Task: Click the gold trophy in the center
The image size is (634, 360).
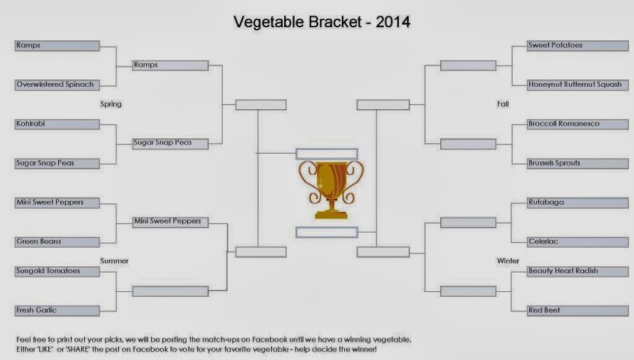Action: click(x=331, y=190)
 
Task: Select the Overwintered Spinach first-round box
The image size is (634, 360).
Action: click(x=57, y=85)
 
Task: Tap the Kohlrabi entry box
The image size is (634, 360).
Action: click(x=57, y=124)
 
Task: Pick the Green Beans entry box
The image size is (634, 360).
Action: click(x=57, y=242)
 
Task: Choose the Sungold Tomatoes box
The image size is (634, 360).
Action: click(x=57, y=271)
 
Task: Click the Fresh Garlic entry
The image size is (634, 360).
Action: click(x=57, y=310)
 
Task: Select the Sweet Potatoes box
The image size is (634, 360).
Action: click(x=578, y=46)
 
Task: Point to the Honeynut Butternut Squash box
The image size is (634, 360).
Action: click(x=578, y=85)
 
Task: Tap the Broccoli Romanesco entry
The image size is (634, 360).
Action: click(x=578, y=124)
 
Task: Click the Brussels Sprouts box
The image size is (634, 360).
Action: click(x=578, y=164)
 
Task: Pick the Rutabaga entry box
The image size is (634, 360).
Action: click(x=578, y=203)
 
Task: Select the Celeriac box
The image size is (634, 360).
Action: click(x=578, y=242)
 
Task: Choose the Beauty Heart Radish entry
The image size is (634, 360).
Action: click(x=578, y=271)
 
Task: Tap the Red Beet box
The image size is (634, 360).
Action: click(x=578, y=310)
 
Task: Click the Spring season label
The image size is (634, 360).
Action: click(x=111, y=104)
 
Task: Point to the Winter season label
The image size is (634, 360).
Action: click(x=508, y=261)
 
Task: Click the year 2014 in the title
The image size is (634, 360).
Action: click(x=393, y=22)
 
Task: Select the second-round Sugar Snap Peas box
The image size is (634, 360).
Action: click(x=170, y=144)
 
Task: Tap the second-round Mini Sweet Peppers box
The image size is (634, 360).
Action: click(x=170, y=222)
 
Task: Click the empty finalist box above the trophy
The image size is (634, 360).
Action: click(x=327, y=154)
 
